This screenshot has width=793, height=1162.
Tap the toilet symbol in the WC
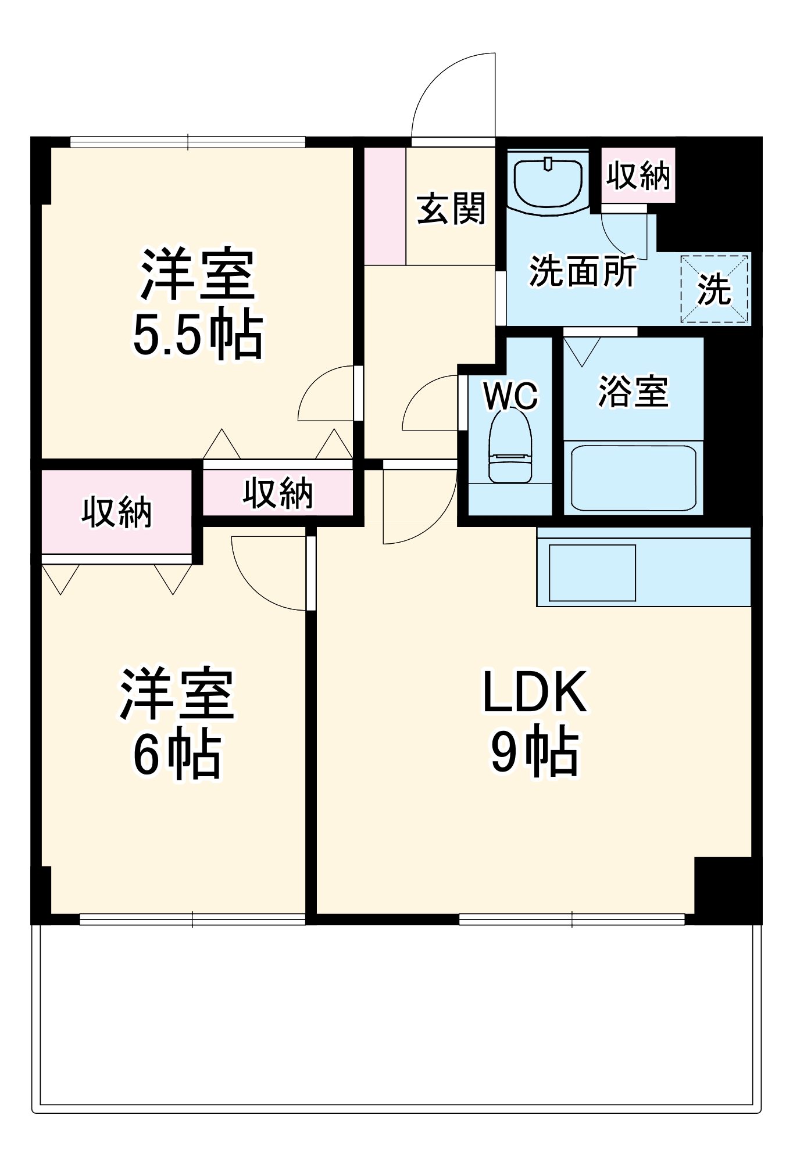(x=510, y=447)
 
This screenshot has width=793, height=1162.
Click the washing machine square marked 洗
(x=715, y=288)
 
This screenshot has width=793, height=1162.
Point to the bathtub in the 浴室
(x=633, y=478)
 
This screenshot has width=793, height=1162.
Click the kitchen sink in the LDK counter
(x=592, y=572)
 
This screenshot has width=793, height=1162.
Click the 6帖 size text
(x=177, y=755)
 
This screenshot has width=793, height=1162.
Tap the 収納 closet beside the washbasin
(x=638, y=175)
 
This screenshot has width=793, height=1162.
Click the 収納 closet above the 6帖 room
(x=116, y=512)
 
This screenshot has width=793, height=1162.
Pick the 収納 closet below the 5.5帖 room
(x=277, y=493)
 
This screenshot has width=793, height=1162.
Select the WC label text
(x=510, y=396)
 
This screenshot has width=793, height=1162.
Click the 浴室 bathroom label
(x=633, y=391)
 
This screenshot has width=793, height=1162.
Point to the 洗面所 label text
(x=582, y=271)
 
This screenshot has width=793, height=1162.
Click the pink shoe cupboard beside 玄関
(x=385, y=206)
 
